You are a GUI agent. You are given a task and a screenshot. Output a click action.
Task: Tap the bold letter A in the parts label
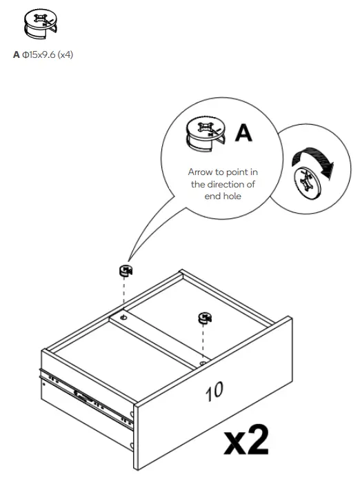coord(17,54)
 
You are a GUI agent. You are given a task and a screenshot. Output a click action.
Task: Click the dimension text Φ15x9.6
coord(39,54)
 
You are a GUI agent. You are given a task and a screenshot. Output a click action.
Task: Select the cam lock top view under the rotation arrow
coord(306,184)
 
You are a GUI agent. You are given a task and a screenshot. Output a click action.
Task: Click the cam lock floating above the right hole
coord(205,318)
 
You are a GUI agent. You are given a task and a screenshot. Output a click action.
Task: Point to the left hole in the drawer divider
coord(123,318)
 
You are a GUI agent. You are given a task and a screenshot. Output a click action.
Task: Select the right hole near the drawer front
coord(202,360)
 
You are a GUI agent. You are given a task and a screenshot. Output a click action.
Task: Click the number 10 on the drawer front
coord(214,392)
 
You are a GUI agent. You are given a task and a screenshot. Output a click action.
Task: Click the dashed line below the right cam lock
coord(203,341)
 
